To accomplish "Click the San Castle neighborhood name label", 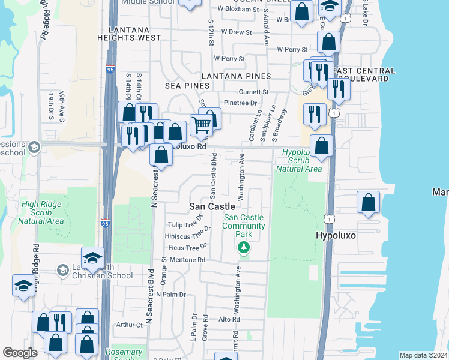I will (x=212, y=206).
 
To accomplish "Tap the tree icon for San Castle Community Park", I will (x=243, y=247).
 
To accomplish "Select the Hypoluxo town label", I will (x=336, y=236).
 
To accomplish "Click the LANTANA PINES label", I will (x=236, y=76).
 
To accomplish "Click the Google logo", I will (x=20, y=353).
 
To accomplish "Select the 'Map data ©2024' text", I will (x=423, y=355).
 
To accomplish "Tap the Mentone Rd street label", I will (x=188, y=260).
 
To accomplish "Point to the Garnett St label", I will (x=254, y=92).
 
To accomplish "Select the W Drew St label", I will (x=236, y=31).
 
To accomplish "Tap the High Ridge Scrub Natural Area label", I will (x=41, y=213).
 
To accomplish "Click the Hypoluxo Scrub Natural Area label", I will (x=299, y=160).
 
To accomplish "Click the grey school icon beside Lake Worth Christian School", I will (x=62, y=271).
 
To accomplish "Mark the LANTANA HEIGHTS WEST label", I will (x=134, y=38).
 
